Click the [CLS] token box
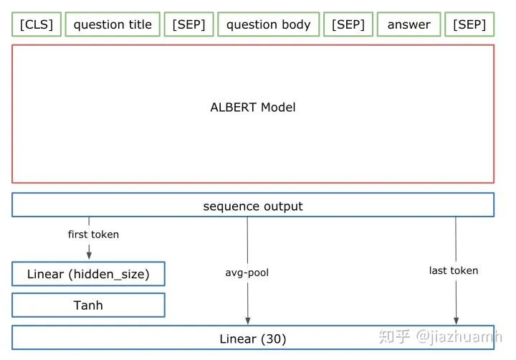click(x=37, y=24)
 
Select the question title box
click(x=113, y=24)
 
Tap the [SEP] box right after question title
click(x=188, y=24)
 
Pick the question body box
click(x=268, y=24)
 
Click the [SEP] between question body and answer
click(x=348, y=24)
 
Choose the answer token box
click(x=408, y=24)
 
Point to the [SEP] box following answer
click(x=469, y=24)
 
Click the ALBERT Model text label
click(x=252, y=108)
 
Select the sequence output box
click(x=252, y=206)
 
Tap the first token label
click(x=93, y=235)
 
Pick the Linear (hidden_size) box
click(x=88, y=274)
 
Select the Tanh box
click(x=88, y=305)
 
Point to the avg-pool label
click(x=247, y=273)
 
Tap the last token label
click(x=453, y=270)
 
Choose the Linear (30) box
click(x=252, y=338)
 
